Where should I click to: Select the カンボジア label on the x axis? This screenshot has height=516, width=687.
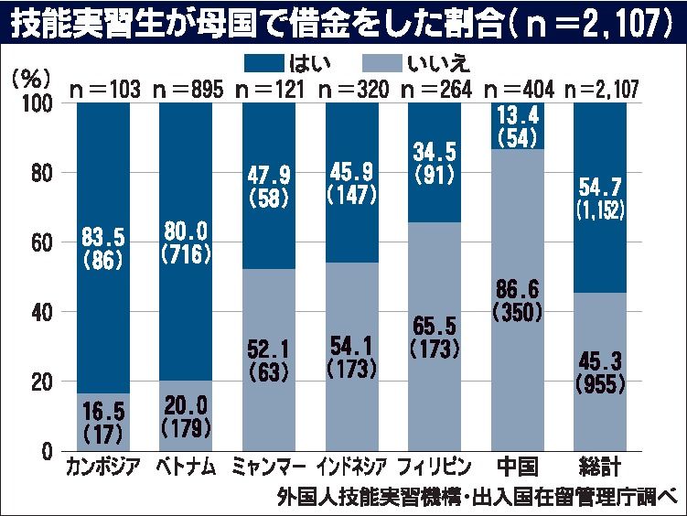(103, 469)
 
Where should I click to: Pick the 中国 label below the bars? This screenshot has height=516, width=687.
(517, 469)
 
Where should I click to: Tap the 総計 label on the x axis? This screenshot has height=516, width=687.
(600, 469)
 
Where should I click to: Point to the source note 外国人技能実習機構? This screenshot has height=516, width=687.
(367, 498)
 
